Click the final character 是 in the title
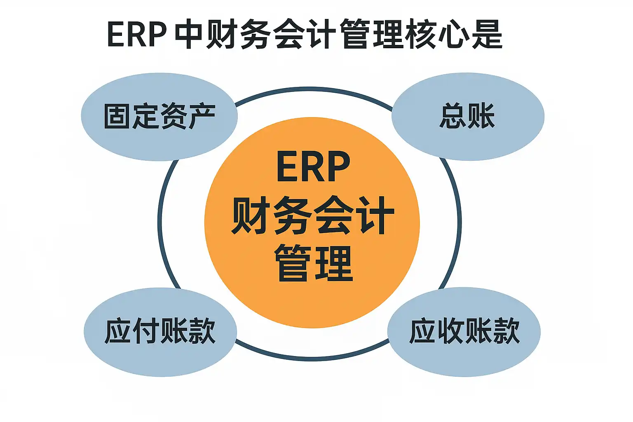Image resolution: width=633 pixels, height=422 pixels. (487, 34)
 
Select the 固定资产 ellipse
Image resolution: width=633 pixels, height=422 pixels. (159, 117)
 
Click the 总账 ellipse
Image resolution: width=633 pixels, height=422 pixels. (468, 117)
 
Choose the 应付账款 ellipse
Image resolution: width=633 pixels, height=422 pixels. (160, 331)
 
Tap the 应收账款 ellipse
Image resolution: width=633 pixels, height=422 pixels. (464, 331)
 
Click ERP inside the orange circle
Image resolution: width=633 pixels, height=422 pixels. (313, 166)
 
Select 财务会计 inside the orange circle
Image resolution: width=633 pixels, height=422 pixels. (313, 215)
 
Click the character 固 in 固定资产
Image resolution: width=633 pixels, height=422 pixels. (117, 117)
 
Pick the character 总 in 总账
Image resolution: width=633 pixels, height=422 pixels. (453, 117)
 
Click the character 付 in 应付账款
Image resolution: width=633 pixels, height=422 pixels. (146, 331)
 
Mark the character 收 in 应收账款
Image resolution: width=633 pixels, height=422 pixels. (450, 331)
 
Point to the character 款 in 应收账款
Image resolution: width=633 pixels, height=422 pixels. (506, 331)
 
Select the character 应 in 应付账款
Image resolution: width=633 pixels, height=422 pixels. (118, 331)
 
